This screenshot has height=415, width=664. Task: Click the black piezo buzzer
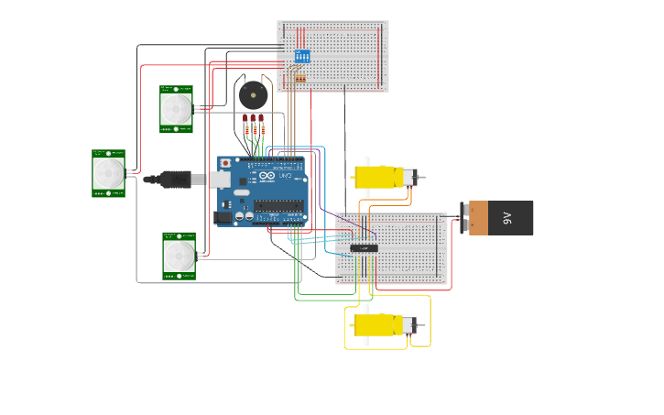coord(253,94)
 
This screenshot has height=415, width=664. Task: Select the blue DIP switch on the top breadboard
coord(301,57)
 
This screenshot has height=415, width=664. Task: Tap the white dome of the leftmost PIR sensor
coord(108,173)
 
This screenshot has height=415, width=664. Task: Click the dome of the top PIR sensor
coord(176,109)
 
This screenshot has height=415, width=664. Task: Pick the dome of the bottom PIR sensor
coord(179,255)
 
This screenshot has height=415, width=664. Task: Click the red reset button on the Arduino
coord(226,163)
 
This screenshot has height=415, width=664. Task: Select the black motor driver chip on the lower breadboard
coord(364,247)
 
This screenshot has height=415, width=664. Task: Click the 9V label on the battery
coord(506,218)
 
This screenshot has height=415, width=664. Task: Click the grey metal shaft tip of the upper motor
coord(422,176)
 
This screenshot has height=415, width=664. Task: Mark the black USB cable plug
coord(173,179)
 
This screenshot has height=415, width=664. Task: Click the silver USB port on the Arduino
coord(220,180)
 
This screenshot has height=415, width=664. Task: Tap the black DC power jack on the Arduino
coord(223,218)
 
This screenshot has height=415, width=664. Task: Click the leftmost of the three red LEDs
coord(245,119)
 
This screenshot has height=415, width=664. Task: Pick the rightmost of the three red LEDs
coord(261,119)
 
